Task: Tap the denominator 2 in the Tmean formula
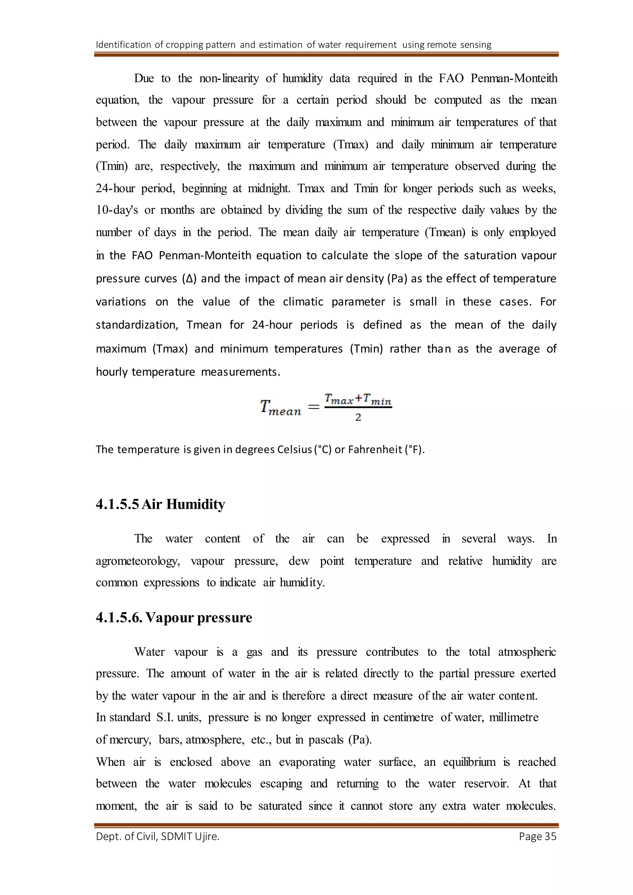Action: pyautogui.click(x=358, y=418)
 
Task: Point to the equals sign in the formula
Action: pyautogui.click(x=314, y=407)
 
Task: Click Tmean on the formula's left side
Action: pyautogui.click(x=281, y=408)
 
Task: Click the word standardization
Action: pyautogui.click(x=137, y=325)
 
